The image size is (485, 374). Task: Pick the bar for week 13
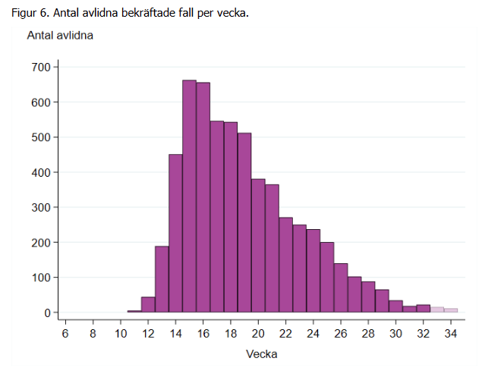point(162,279)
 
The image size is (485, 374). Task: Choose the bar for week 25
point(327,278)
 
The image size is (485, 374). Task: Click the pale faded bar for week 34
point(451,310)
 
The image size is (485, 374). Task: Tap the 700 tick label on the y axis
point(40,68)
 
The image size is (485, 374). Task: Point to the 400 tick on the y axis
point(40,172)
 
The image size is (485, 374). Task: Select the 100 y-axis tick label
point(40,278)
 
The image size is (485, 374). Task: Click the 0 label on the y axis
point(46,313)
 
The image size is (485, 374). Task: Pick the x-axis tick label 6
point(65,334)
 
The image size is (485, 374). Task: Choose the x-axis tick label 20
point(258,334)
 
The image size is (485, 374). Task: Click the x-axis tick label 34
point(451,334)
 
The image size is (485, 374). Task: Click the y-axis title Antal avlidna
point(60,36)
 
